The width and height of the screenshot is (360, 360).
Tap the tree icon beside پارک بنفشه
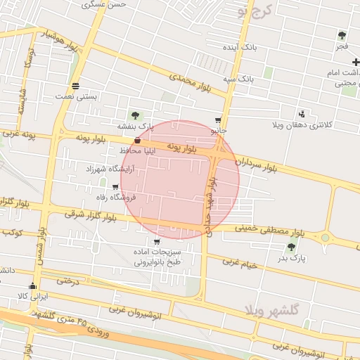coord(135,115)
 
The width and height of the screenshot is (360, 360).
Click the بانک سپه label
coord(238,79)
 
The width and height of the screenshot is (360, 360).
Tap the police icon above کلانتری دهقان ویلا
coord(302,113)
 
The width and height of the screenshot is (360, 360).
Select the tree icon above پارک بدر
coord(291,246)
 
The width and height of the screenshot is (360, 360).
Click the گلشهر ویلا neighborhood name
coord(274,309)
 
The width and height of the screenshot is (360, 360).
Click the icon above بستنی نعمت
coord(75,86)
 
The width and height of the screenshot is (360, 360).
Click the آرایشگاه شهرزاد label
coord(108,169)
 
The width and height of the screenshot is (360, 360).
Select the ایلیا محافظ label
coord(122,150)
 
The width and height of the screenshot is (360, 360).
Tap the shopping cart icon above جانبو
coord(219,120)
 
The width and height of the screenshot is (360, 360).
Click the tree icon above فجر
coord(342,35)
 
